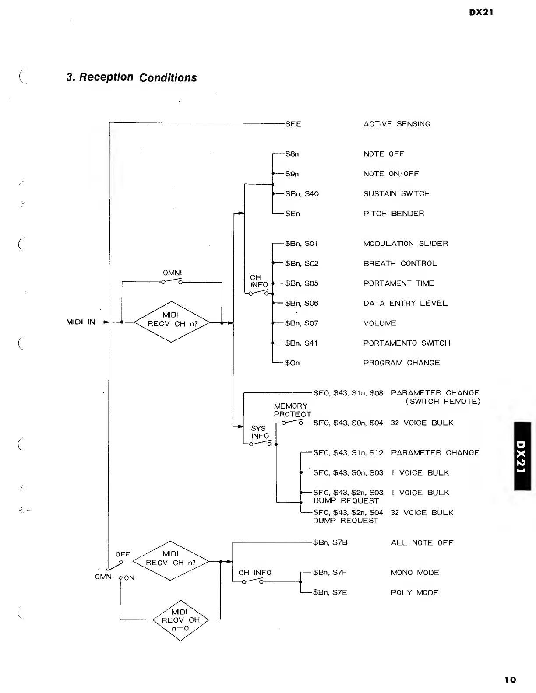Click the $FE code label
click(293, 124)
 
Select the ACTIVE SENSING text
click(396, 124)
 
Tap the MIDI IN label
click(81, 322)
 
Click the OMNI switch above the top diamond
click(172, 281)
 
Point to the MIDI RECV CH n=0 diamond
click(180, 620)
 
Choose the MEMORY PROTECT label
click(292, 410)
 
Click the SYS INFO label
click(259, 432)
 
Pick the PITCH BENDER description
click(393, 213)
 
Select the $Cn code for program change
click(292, 363)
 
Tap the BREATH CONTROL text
click(400, 263)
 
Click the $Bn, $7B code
click(330, 542)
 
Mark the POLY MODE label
click(414, 592)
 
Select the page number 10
click(510, 679)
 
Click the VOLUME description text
click(380, 323)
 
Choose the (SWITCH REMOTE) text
click(442, 401)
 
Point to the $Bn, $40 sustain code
click(302, 193)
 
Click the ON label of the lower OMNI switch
click(129, 578)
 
